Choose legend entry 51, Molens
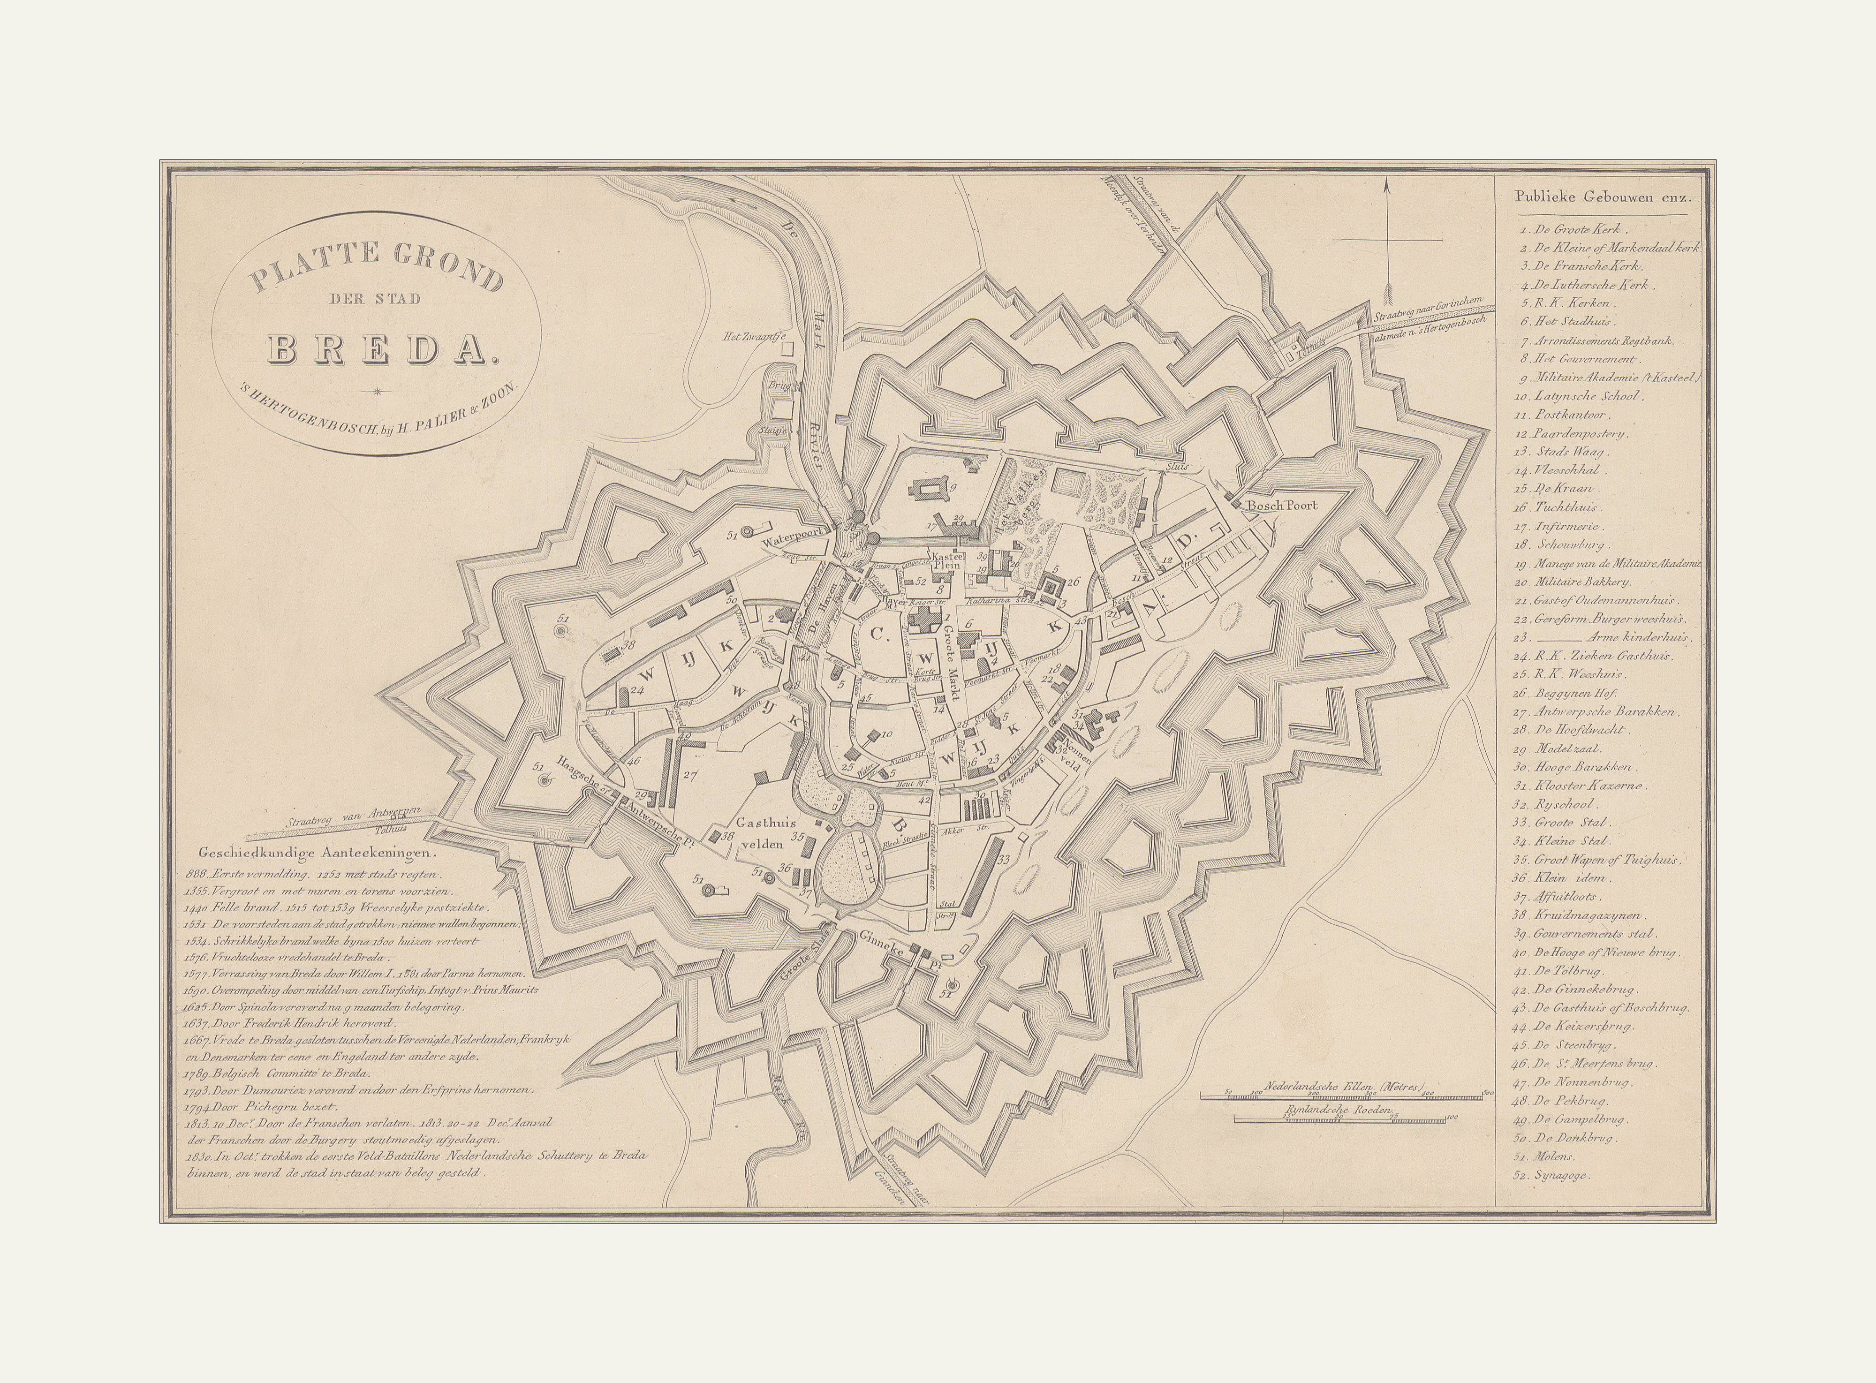1555,1156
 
